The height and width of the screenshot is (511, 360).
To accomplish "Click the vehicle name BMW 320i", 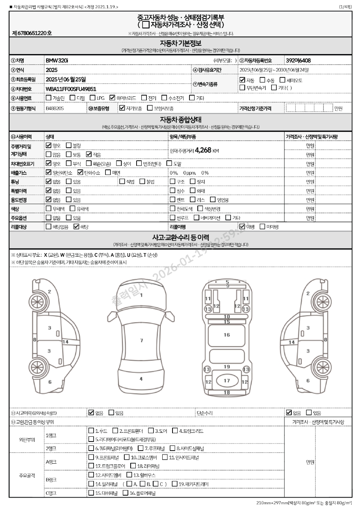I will point(57,60).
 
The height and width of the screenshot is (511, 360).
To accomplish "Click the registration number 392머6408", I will point(298,60).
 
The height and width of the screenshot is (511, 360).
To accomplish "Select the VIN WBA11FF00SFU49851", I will point(71,89).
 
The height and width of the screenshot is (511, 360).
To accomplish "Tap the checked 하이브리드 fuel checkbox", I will point(112,98).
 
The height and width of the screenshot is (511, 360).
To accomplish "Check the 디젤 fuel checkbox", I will point(72,98).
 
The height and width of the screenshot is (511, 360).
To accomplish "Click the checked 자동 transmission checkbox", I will point(242,80).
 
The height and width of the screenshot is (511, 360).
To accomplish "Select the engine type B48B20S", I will point(55,108).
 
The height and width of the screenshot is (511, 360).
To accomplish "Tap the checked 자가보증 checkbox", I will point(122,108).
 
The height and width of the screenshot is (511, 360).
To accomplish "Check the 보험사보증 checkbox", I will point(150,108).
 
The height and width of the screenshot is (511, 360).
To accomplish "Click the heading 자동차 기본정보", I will point(180,43).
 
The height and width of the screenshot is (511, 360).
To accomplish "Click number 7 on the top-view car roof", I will point(141,340).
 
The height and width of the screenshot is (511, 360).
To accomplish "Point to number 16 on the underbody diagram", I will point(227,335).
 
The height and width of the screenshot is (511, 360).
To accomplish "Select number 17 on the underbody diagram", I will point(227,381).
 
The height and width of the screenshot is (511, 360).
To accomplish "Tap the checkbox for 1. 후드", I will point(91,431).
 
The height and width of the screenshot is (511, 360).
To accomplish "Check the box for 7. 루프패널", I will point(141,448).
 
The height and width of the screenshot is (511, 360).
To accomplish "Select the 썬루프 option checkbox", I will point(172,218).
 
